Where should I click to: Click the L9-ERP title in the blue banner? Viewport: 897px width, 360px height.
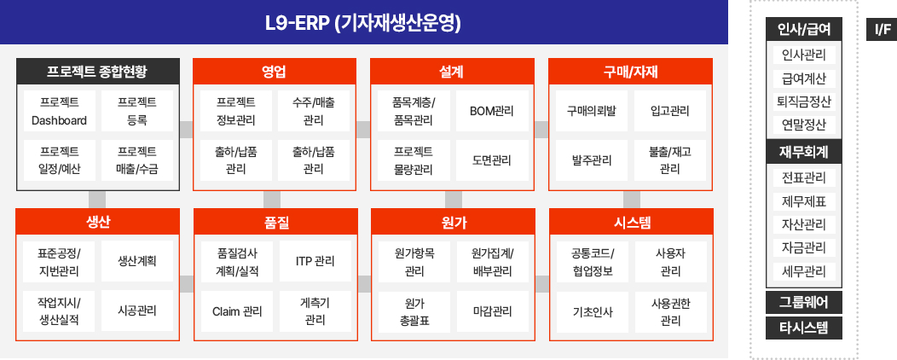coord(363,24)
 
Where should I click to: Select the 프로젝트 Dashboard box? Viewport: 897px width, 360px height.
coord(60,111)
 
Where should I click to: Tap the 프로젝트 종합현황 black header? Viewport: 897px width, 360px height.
coord(98,72)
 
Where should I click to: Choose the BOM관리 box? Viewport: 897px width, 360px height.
coord(492,111)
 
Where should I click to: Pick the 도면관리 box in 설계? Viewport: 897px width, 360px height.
coord(492,160)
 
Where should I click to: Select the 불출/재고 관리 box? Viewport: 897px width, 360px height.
coord(670,160)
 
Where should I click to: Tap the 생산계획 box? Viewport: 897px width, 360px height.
coord(137,261)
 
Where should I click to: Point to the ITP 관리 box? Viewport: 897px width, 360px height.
coord(315,261)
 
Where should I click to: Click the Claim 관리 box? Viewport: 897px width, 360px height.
coord(237,311)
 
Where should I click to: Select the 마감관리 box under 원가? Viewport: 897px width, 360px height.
coord(493,311)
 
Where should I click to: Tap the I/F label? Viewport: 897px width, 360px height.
coord(882,29)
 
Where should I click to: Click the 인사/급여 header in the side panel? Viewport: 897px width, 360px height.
coord(804,29)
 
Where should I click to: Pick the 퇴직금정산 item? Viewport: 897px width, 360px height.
coord(804,102)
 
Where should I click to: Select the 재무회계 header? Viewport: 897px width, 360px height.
coord(804,152)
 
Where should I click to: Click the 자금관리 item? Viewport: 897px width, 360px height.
coord(804,248)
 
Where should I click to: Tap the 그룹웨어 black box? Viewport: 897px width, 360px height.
coord(804,302)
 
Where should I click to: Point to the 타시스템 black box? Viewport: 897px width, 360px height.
coord(804,328)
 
